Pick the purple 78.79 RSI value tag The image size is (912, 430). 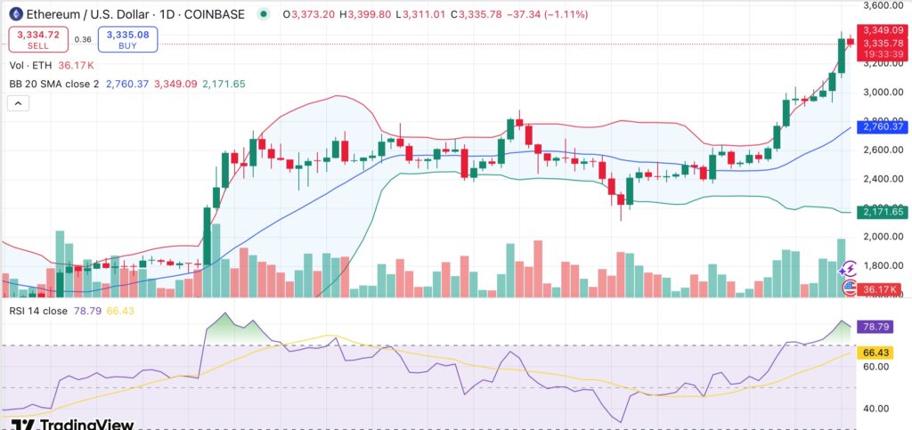874,328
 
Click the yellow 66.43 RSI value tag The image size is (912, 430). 874,353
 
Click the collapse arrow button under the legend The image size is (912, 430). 17,103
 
